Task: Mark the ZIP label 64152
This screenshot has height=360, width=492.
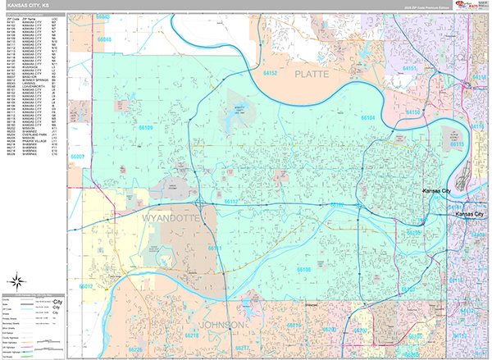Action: pos(271,73)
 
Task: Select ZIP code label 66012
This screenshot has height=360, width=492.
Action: pos(85,286)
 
